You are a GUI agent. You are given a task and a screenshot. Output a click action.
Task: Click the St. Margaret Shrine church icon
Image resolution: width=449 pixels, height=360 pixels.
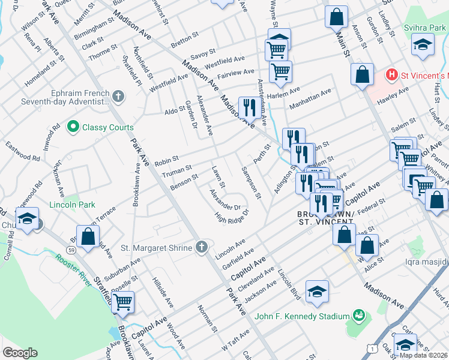tap(202, 247)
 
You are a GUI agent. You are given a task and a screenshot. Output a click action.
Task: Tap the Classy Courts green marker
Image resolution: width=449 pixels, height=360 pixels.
tap(73, 127)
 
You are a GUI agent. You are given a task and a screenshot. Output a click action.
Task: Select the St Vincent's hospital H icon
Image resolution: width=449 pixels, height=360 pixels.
tap(391, 75)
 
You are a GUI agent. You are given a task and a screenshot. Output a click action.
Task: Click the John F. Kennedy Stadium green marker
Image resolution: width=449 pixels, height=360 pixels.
tap(359, 315)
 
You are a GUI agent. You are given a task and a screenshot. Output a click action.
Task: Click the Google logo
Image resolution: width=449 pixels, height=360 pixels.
tap(20, 352)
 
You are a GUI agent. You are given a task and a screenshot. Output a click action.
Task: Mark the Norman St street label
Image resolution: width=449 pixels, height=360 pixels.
tap(208, 317)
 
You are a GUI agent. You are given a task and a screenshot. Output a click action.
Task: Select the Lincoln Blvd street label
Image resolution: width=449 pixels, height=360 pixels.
tap(289, 282)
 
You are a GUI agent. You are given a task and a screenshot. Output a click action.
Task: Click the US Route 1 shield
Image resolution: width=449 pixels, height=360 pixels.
tap(373, 348)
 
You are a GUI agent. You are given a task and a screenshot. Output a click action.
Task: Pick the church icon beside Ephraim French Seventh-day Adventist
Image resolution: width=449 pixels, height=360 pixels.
tap(118, 95)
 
